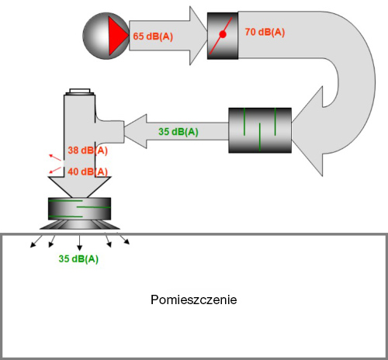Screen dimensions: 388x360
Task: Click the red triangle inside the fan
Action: point(116,36)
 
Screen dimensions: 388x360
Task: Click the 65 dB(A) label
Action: point(153,36)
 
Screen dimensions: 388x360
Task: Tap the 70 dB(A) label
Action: point(265,32)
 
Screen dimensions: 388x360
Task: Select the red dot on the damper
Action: point(223,34)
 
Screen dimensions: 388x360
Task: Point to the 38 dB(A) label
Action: point(88,151)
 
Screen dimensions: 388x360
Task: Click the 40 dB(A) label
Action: point(88,171)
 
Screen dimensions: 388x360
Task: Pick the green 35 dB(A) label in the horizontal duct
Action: point(178,132)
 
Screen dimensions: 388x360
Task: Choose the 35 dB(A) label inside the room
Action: point(78,258)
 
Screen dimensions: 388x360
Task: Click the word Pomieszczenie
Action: point(194,300)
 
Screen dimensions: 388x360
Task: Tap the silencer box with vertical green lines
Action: point(260,130)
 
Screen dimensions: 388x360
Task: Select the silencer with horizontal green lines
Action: point(80,209)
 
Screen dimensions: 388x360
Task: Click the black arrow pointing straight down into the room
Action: point(79,243)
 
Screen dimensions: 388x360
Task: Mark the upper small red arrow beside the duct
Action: point(55,157)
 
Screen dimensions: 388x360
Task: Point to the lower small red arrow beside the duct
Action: point(55,171)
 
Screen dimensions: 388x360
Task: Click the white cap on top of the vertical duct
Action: point(80,92)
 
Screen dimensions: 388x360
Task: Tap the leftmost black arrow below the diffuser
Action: point(36,241)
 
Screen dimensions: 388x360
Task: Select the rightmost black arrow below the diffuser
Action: point(123,238)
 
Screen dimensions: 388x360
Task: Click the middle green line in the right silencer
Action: point(260,137)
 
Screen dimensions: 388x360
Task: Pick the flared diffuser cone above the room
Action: point(80,225)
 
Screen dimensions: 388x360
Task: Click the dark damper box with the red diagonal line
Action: point(223,36)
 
